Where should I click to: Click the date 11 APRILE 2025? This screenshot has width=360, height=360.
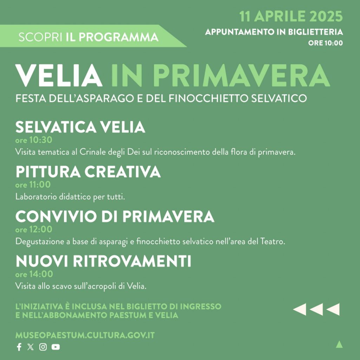[x=291, y=16]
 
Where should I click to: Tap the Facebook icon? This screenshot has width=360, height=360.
[x=19, y=347]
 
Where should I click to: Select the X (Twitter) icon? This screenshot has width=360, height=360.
[x=31, y=347]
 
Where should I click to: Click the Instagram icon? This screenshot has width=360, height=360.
[x=43, y=347]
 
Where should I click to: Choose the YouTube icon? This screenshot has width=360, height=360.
[x=56, y=347]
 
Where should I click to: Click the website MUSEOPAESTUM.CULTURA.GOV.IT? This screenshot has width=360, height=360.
[x=85, y=335]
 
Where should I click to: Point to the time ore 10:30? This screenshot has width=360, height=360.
[x=34, y=140]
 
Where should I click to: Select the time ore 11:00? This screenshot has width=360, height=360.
[x=33, y=185]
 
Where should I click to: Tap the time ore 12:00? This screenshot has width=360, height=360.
[x=34, y=229]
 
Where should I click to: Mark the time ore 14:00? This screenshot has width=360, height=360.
[x=34, y=274]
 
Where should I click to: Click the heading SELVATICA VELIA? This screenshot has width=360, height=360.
[x=80, y=127]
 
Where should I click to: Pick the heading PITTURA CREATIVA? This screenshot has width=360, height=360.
[x=88, y=172]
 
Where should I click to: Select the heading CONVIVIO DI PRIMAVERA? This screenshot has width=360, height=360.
[x=115, y=216]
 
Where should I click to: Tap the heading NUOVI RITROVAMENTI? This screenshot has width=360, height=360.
[x=103, y=261]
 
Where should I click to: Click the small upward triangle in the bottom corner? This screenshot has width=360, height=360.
[x=339, y=345]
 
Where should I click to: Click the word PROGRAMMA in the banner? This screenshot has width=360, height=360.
[x=118, y=37]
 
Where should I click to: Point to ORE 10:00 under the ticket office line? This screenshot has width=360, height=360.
[x=325, y=43]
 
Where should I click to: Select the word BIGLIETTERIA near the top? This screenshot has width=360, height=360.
[x=315, y=32]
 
